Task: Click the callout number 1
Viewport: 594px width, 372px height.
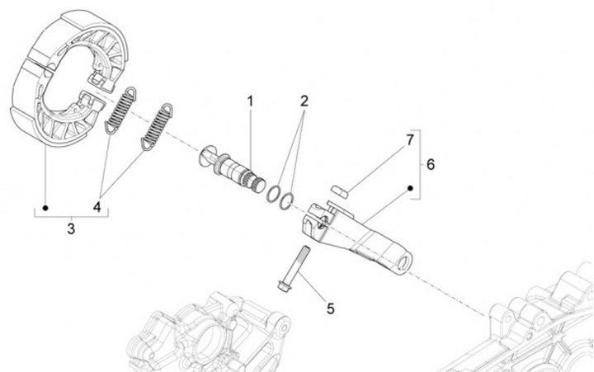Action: point(248,102)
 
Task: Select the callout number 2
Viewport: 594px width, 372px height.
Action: point(304,102)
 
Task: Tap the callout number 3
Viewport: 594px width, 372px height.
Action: point(70,228)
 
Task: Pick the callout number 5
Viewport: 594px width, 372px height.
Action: point(330,308)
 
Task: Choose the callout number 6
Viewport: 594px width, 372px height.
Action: point(431,163)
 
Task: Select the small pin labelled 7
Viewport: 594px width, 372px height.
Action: point(337,191)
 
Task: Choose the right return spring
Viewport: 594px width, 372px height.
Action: point(157,129)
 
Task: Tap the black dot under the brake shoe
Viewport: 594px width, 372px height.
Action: point(45,208)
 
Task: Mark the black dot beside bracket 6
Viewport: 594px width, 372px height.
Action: point(410,189)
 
